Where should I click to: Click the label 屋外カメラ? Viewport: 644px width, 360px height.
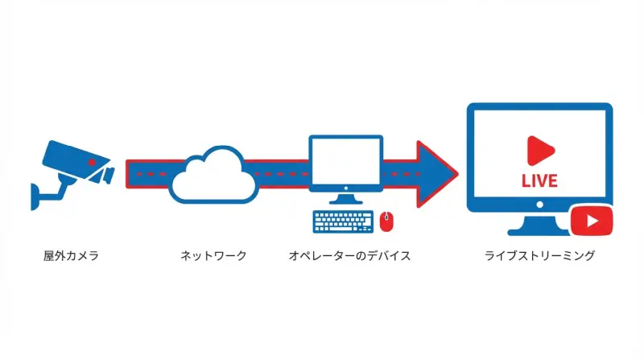tap(70, 256)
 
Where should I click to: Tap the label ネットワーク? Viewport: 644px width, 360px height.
tap(213, 256)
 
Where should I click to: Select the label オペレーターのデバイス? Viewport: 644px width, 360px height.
tap(349, 256)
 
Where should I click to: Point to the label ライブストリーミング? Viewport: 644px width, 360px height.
tap(539, 256)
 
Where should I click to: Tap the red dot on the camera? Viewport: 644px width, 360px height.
tap(93, 163)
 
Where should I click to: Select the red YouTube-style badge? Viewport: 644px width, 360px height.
tap(592, 221)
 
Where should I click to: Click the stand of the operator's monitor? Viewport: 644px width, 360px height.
tap(345, 199)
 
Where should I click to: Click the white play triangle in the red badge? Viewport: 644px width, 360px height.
tap(593, 221)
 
